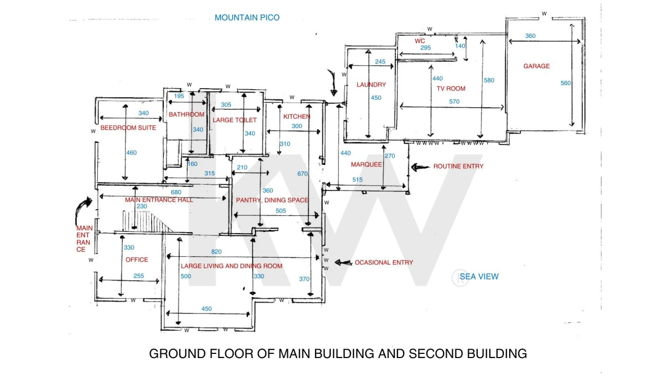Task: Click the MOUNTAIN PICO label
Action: click(247, 18)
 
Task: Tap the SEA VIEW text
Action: click(479, 277)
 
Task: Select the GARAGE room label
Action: click(537, 66)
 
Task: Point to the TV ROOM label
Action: click(451, 89)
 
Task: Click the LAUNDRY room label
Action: click(371, 85)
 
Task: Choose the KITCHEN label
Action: click(297, 117)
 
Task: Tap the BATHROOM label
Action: click(186, 114)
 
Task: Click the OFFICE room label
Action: click(137, 260)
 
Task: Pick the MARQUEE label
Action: click(366, 164)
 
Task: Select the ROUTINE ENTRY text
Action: click(458, 166)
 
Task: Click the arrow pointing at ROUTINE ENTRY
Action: click(420, 167)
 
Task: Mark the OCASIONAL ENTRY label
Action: click(384, 262)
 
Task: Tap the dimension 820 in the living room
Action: click(216, 251)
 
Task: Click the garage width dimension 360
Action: click(530, 36)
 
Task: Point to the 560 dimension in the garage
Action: click(565, 83)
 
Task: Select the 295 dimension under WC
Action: click(425, 48)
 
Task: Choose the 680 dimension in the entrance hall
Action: click(176, 192)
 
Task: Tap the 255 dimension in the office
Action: click(139, 276)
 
